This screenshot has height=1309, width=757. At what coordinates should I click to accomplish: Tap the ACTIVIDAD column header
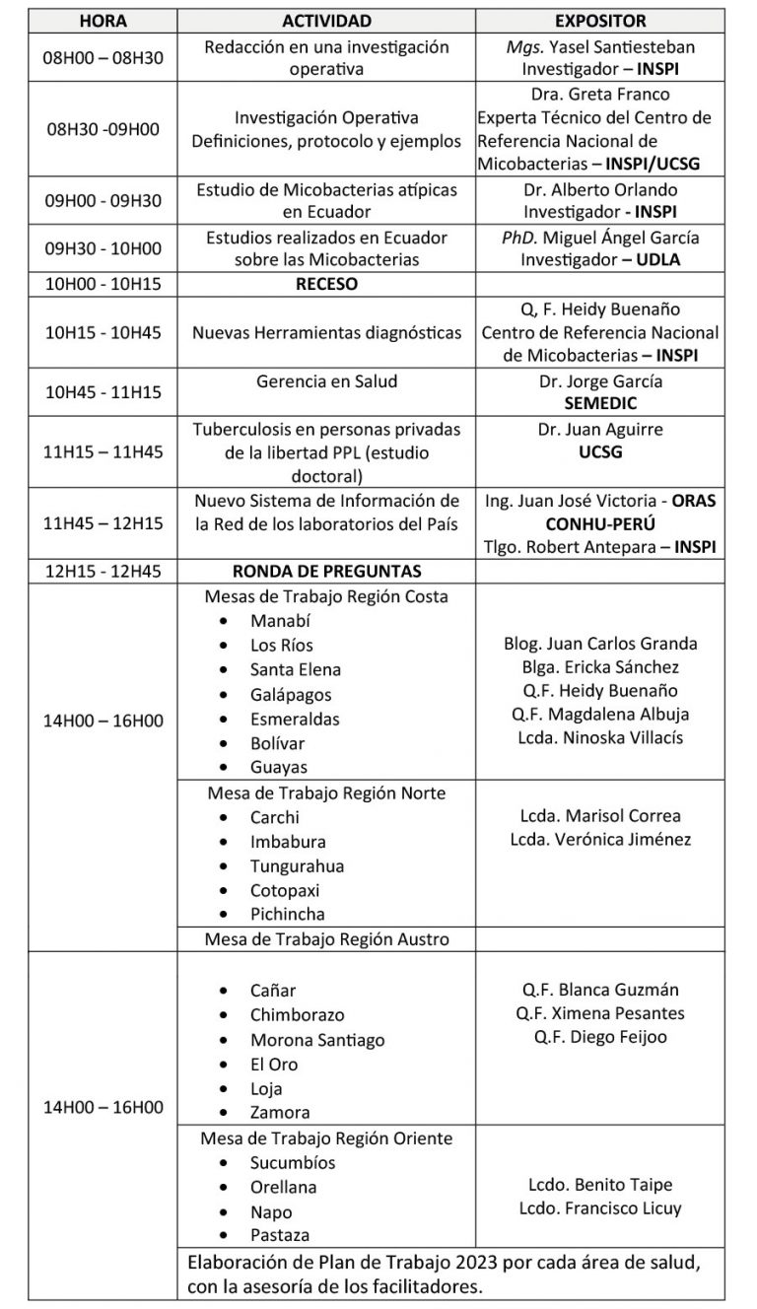pos(326,20)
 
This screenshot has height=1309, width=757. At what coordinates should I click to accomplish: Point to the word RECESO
pos(326,284)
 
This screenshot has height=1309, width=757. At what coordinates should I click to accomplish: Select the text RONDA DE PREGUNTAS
pos(326,571)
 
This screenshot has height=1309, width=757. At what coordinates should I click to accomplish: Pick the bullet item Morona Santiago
pos(316,1040)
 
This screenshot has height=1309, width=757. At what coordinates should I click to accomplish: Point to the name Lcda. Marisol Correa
pos(599,815)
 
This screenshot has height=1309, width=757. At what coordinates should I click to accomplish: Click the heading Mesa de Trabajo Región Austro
pos(326,938)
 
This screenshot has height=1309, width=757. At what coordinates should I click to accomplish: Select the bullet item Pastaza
pos(280,1235)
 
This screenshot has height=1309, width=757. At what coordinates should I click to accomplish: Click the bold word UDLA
pos(658,260)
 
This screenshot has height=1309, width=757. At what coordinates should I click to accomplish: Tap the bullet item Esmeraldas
pos(295,719)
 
